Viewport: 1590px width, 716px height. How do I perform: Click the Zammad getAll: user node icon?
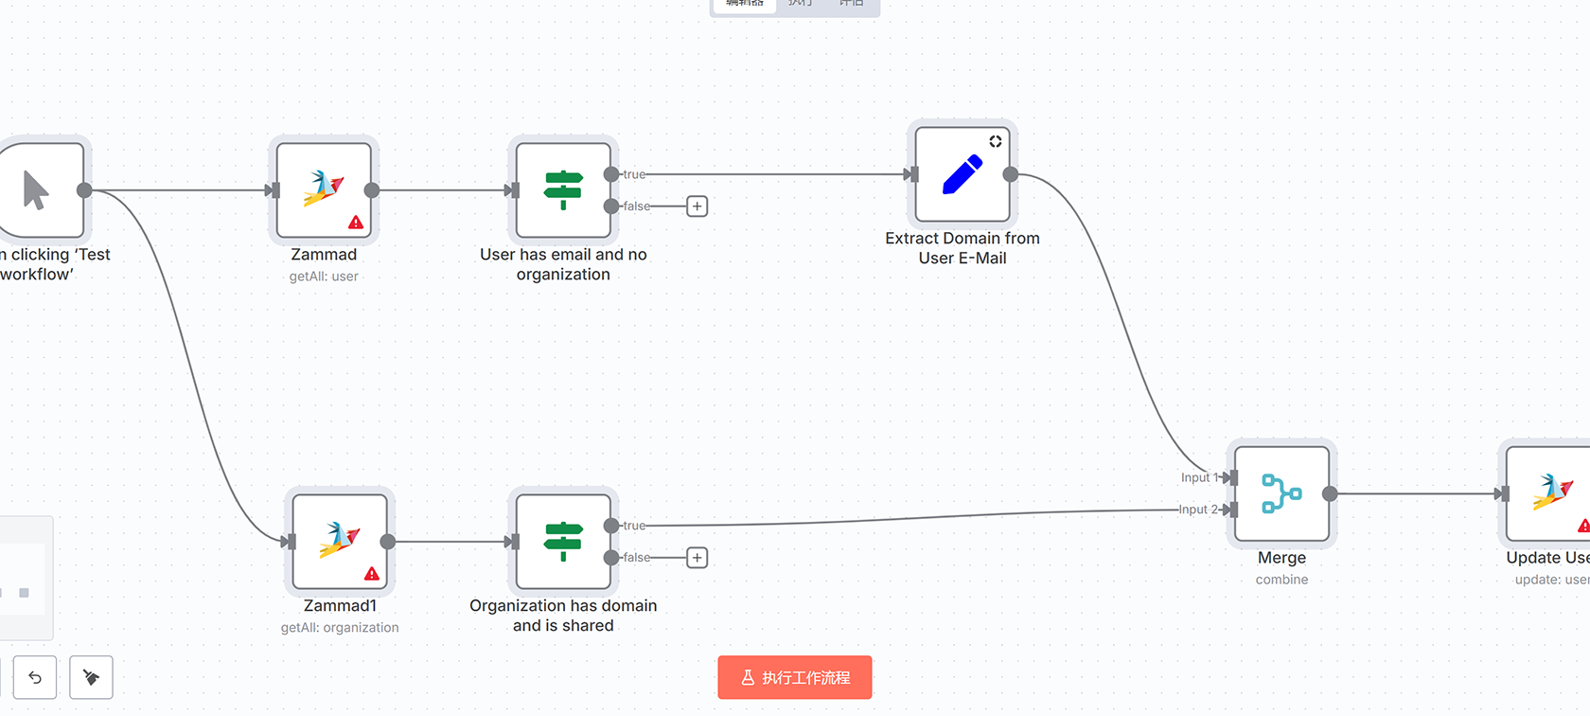tap(324, 189)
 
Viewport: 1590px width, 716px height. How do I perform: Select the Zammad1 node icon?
tap(340, 541)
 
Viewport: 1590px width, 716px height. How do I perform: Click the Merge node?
tap(1281, 493)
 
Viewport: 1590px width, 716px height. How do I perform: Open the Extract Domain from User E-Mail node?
tap(963, 174)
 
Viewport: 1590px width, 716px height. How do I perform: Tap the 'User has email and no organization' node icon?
tap(563, 189)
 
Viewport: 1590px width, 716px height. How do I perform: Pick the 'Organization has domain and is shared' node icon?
tap(563, 541)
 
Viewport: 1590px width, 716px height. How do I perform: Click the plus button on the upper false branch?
tap(698, 206)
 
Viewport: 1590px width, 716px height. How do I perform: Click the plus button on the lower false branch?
tap(698, 558)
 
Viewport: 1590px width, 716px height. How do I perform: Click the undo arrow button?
tap(35, 677)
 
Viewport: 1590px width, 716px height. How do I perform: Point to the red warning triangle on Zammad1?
tap(372, 574)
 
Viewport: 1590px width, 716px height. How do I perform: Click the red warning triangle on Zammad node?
tap(356, 223)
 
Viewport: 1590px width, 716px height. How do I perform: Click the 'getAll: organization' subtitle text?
tap(340, 628)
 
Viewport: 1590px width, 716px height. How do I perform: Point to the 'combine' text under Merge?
tap(1281, 580)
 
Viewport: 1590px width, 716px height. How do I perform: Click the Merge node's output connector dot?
tap(1330, 493)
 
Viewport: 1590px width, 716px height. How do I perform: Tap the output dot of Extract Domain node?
tap(1011, 174)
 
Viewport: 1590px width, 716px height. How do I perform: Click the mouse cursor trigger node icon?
tap(36, 189)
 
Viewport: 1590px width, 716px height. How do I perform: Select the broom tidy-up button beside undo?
tap(92, 677)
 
